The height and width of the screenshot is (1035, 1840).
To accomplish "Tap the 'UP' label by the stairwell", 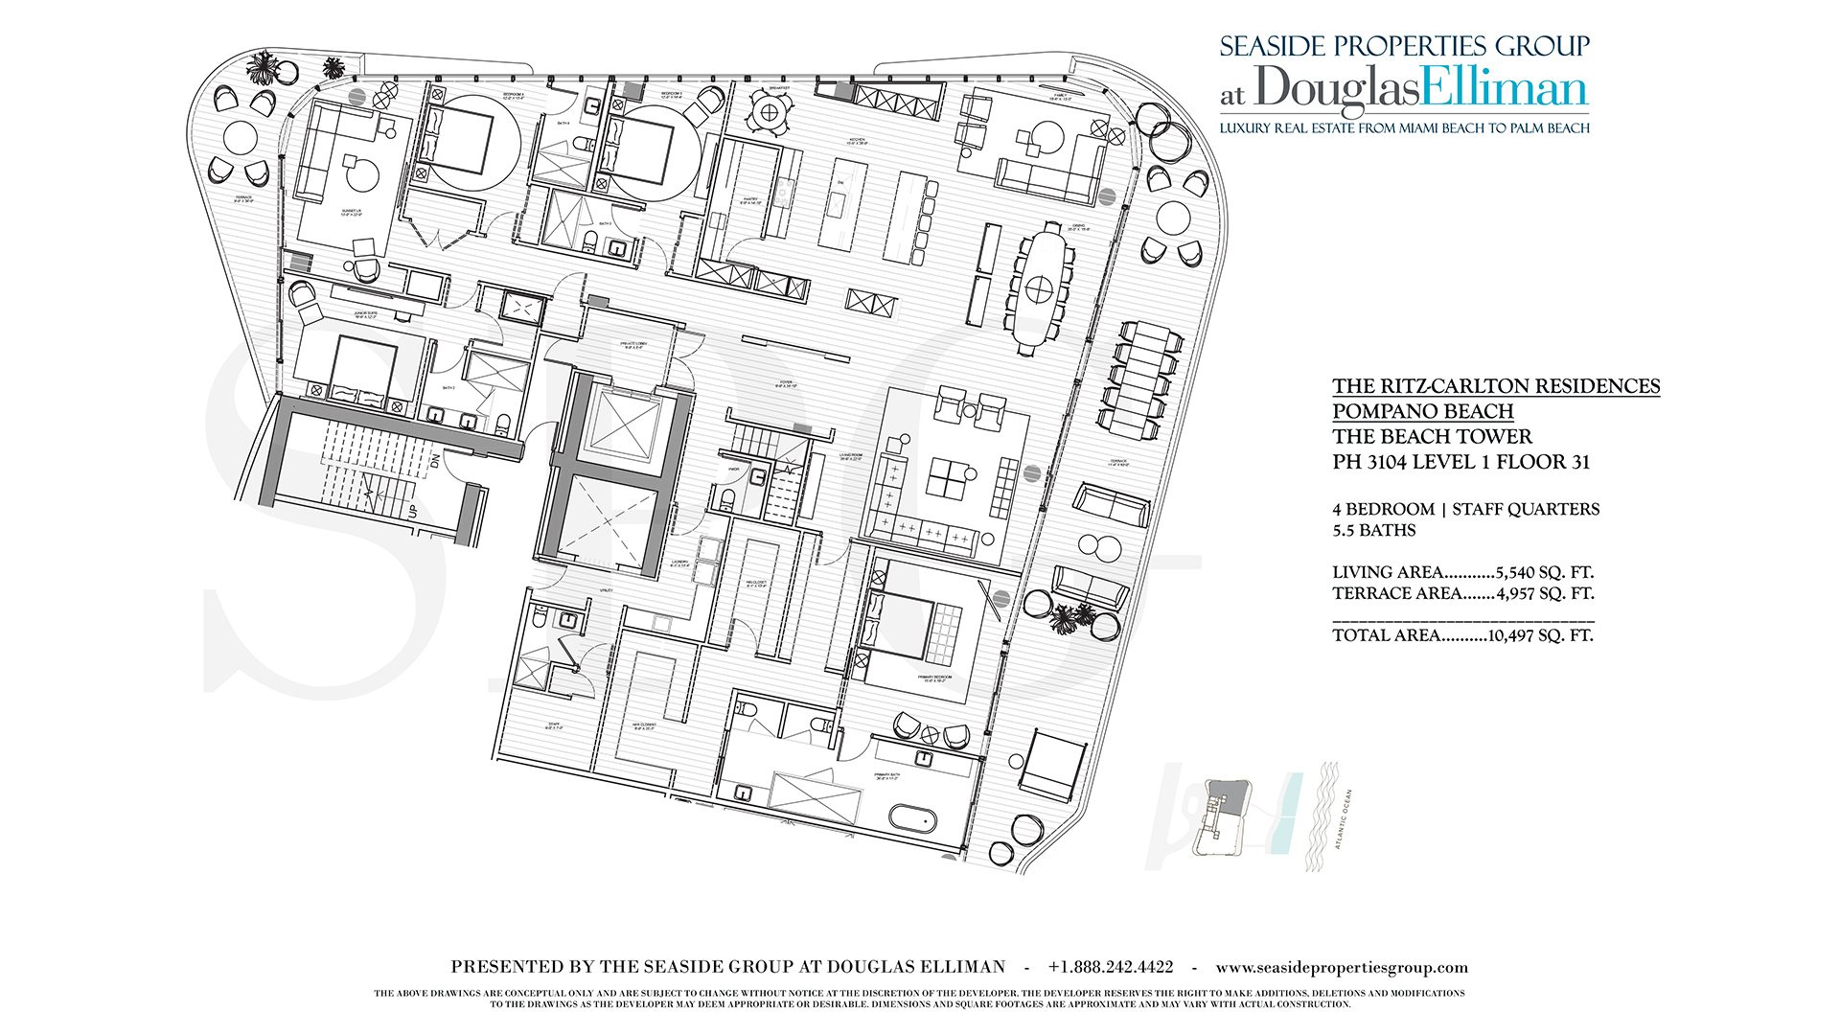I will [x=412, y=512].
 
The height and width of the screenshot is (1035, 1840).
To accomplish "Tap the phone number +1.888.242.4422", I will [x=1110, y=967].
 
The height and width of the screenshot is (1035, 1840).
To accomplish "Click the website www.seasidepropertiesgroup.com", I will [x=1341, y=967].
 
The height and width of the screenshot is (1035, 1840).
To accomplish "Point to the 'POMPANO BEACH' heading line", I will [x=1422, y=411].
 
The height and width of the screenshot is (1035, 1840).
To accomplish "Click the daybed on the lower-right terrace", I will [x=1053, y=767].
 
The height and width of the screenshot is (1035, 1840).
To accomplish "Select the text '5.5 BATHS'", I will [x=1373, y=530].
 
